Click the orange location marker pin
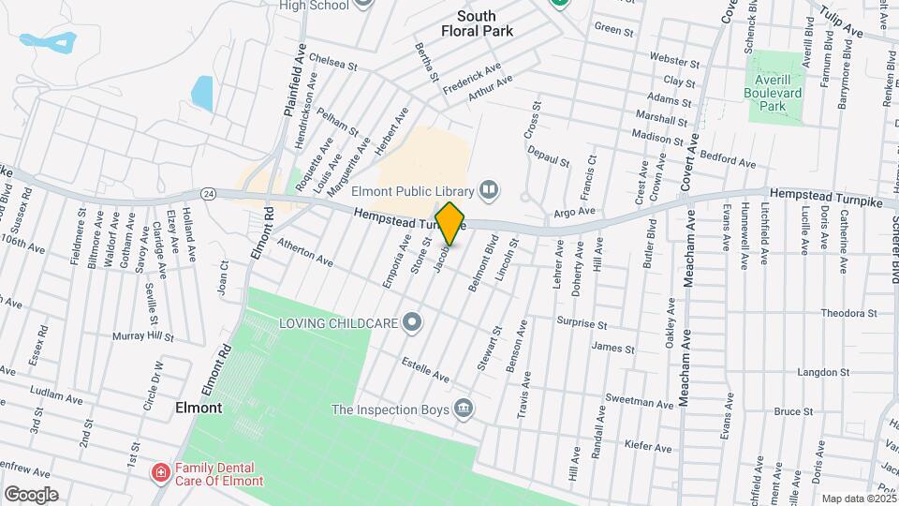click(450, 224)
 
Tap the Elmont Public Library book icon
click(488, 191)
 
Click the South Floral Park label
click(477, 23)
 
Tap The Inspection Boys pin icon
click(462, 409)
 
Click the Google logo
click(31, 494)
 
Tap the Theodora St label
click(847, 313)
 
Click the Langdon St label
click(823, 372)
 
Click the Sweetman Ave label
click(640, 402)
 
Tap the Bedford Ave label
click(728, 161)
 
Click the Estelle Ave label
click(426, 366)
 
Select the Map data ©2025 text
click(858, 499)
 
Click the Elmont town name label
click(199, 409)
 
